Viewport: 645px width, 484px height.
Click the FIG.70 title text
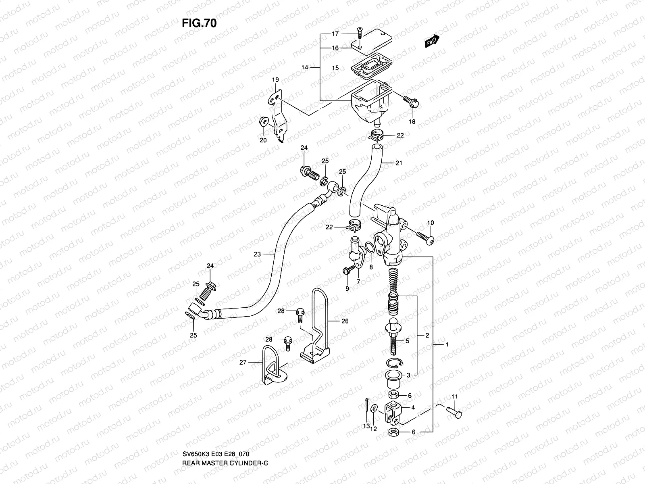199,23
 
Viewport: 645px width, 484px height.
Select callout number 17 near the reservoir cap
335,34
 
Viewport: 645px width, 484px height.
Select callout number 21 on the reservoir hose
398,163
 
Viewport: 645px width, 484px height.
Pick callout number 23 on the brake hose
257,254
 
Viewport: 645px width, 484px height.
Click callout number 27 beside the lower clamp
243,363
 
